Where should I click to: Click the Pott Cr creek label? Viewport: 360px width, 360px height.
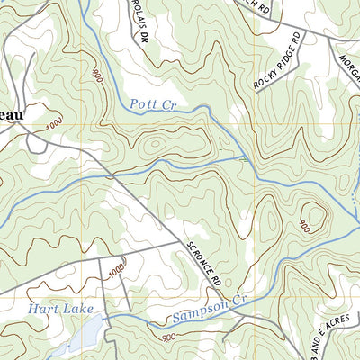pyautogui.click(x=152, y=103)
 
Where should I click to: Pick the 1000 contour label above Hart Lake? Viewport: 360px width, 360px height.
pyautogui.click(x=116, y=270)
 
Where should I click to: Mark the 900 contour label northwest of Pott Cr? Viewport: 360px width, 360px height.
pyautogui.click(x=96, y=76)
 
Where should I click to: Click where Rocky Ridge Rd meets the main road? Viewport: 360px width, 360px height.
pyautogui.click(x=305, y=33)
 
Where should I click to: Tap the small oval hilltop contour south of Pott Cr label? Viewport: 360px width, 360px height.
pyautogui.click(x=153, y=144)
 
